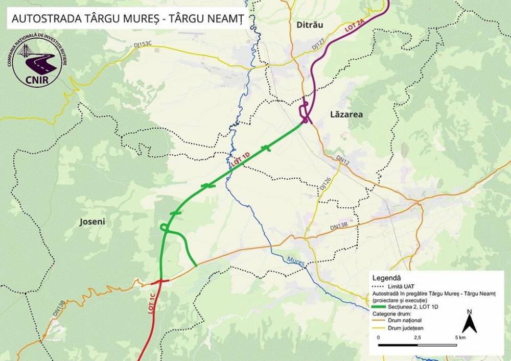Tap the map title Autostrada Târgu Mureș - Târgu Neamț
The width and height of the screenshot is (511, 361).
click(x=126, y=18)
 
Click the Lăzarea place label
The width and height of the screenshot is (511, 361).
click(x=345, y=114)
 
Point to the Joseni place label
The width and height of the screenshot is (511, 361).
click(x=92, y=222)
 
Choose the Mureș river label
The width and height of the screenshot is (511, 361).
click(x=296, y=261)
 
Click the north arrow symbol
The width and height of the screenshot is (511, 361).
click(x=469, y=321)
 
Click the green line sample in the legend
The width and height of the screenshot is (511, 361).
click(x=381, y=307)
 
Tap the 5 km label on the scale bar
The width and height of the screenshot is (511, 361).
click(x=459, y=338)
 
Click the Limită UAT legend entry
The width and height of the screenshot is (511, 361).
click(x=404, y=288)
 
